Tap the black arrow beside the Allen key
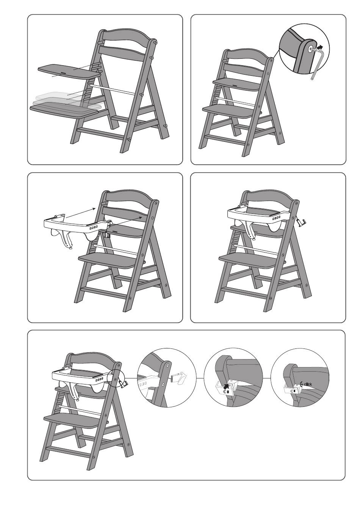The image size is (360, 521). (x=320, y=47)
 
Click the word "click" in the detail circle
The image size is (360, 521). (x=308, y=384)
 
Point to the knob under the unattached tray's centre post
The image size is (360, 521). (x=70, y=248)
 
